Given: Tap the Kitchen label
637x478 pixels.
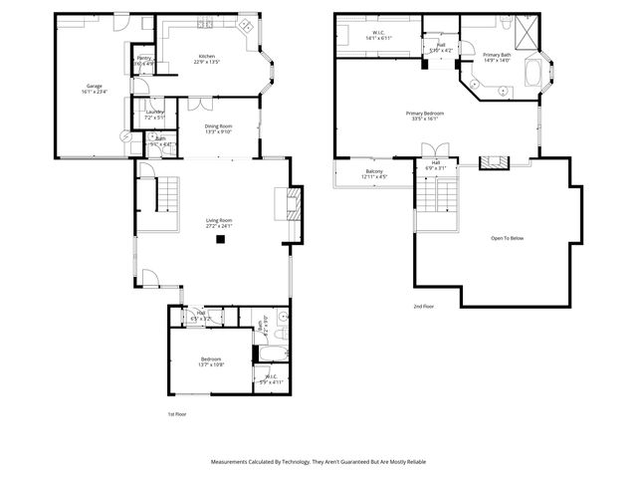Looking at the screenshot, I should pyautogui.click(x=206, y=58).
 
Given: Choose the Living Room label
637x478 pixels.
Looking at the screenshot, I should pyautogui.click(x=219, y=222).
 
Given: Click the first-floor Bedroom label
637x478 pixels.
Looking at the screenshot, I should pyautogui.click(x=211, y=361).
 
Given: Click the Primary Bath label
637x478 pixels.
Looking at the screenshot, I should pyautogui.click(x=496, y=57).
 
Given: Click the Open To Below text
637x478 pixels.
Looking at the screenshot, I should pyautogui.click(x=507, y=239).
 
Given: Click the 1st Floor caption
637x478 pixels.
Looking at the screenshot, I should pyautogui.click(x=177, y=413).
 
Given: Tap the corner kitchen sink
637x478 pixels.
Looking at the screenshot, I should pyautogui.click(x=245, y=27).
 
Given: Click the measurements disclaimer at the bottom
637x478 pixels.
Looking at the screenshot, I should pyautogui.click(x=318, y=462).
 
